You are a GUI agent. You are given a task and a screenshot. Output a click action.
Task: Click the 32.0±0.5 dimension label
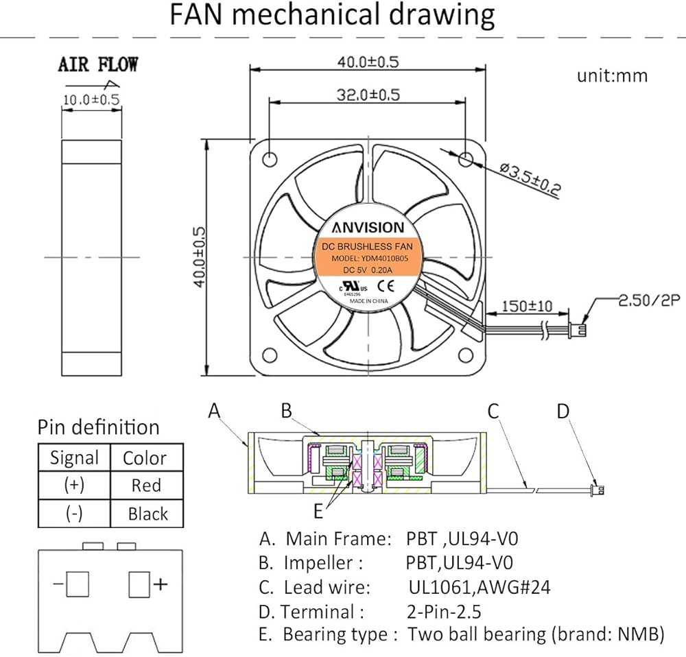click(367, 95)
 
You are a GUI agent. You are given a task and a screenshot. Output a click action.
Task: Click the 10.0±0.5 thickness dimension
click(91, 99)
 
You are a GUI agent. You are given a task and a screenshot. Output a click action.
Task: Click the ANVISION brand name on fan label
click(368, 227)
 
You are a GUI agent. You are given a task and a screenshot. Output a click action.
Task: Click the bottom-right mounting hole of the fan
click(466, 354)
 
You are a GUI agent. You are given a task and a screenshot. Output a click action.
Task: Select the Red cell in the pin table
click(146, 486)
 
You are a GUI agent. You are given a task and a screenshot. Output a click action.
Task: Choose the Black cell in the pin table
click(147, 514)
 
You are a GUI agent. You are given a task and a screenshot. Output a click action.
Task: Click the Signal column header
click(74, 458)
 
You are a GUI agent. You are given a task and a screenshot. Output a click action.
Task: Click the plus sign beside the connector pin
click(161, 584)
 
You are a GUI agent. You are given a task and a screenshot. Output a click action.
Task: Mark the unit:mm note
click(612, 75)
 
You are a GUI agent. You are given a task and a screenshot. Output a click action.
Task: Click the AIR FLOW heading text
click(97, 65)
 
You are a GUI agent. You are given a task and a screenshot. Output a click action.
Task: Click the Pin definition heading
click(97, 427)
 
